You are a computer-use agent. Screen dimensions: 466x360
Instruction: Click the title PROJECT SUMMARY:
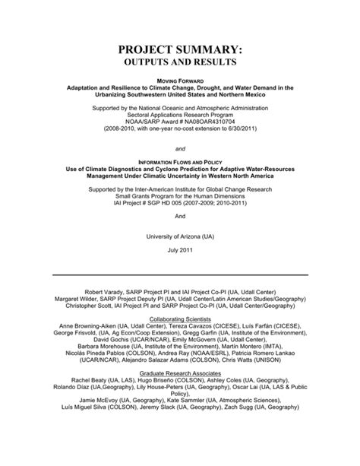point(180,48)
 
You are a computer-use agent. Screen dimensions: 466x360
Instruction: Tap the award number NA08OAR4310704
point(210,117)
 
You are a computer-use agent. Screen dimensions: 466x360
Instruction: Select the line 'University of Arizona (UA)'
point(180,236)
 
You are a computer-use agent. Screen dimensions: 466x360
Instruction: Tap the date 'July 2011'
point(180,250)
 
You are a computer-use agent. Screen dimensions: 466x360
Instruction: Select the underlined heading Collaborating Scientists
point(180,319)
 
